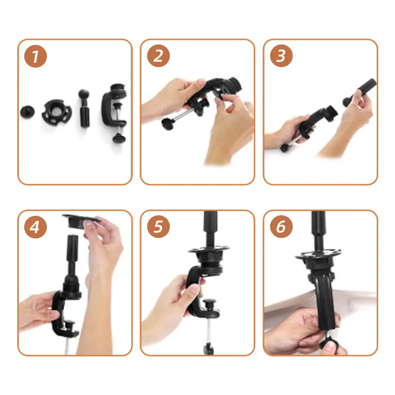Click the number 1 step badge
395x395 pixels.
pos(36,56)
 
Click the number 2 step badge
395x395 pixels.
pos(158,56)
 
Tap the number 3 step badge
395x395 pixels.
pos(281,56)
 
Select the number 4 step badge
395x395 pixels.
pos(36,227)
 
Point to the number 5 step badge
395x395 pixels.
pos(158,227)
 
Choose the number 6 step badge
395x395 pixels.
pos(281,227)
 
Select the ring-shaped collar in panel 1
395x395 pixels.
pos(56,112)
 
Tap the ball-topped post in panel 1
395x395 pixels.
pos(84,108)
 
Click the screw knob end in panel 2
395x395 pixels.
pos(168,124)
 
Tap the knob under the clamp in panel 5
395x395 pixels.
pos(208,349)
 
